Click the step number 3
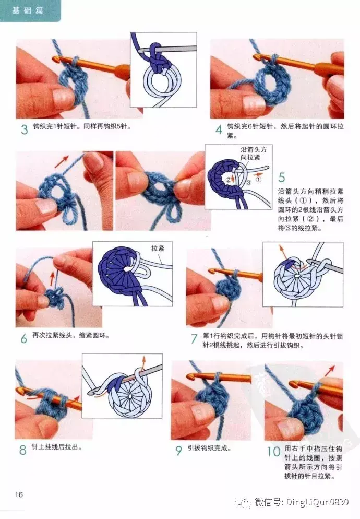tap(24, 129)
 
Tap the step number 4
tap(219, 129)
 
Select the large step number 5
tap(282, 178)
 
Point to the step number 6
tap(24, 338)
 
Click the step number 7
tap(194, 339)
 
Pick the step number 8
tap(23, 450)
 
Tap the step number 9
tap(179, 451)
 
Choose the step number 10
tap(273, 451)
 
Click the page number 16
tap(19, 494)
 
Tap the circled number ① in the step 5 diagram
tap(258, 180)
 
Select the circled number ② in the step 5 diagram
tap(229, 180)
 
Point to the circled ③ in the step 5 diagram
tap(249, 182)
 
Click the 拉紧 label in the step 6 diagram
tap(158, 248)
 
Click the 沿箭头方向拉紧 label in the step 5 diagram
tap(254, 154)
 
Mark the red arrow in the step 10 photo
tap(330, 370)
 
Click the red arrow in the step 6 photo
tap(52, 278)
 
